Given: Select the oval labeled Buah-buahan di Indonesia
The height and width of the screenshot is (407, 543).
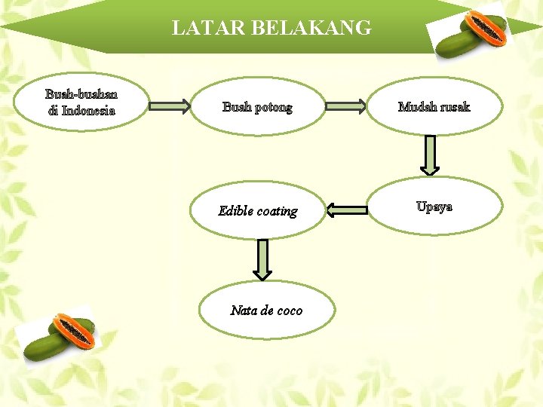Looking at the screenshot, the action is point(81,102).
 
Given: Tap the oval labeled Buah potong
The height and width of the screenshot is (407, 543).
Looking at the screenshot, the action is point(257,107).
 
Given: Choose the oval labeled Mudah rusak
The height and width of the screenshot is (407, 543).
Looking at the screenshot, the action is point(434,106).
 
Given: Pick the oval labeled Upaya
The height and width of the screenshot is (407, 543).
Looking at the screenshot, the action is point(434,207).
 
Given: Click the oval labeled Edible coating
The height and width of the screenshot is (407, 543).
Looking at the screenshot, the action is point(257,210).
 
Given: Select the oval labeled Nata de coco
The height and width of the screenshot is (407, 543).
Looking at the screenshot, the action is point(266,310).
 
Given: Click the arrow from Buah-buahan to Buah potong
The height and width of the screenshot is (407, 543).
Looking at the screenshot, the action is point(170,107).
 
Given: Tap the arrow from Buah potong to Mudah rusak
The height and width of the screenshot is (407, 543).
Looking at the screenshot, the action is point(346,107).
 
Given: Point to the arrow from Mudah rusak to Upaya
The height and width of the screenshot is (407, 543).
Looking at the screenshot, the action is point(429,155).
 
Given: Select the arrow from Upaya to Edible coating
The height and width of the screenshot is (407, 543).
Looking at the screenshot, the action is point(348,210).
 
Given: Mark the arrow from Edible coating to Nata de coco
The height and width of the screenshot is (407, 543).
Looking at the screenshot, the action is point(262,258).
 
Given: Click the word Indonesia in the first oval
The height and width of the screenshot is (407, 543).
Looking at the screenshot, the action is point(88,111).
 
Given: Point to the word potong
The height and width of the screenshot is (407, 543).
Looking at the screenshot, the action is point(273,107).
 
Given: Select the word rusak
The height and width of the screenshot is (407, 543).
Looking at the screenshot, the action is point(454,106).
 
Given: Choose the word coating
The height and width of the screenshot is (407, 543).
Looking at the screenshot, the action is point(278,211).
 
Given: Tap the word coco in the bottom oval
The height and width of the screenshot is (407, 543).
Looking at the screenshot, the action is point(290,310).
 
